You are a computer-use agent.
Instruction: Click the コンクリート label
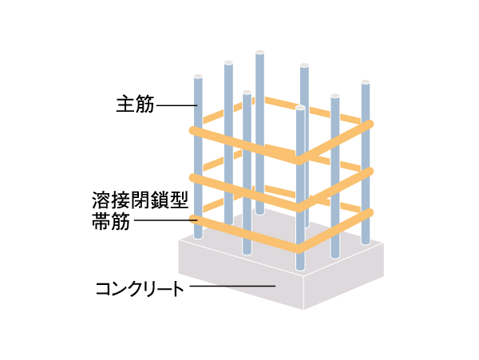[x=140, y=287]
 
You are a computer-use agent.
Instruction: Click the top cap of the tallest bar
[x=259, y=53]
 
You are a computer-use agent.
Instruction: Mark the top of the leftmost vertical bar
[x=197, y=77]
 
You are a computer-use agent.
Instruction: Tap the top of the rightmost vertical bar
[x=366, y=82]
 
